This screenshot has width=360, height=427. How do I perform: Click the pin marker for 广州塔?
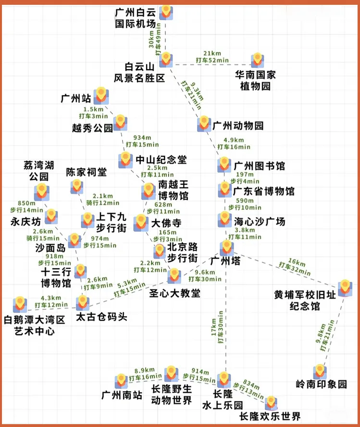point(226,248)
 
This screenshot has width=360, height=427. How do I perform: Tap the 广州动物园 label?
point(238,126)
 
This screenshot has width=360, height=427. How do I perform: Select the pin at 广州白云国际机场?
point(166,12)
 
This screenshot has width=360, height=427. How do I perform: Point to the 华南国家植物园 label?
point(255,80)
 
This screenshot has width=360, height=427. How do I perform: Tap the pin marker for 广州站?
point(100,95)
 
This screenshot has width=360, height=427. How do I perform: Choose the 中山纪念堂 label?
point(161,159)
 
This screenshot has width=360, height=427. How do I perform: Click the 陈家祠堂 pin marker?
point(76,186)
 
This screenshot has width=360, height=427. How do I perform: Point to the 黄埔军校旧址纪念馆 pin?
point(345,288)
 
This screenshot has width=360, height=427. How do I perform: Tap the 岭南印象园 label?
point(321,384)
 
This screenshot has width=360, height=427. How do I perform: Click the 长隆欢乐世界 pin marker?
point(271,403)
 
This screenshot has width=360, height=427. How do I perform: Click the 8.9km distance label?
point(144,370)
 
